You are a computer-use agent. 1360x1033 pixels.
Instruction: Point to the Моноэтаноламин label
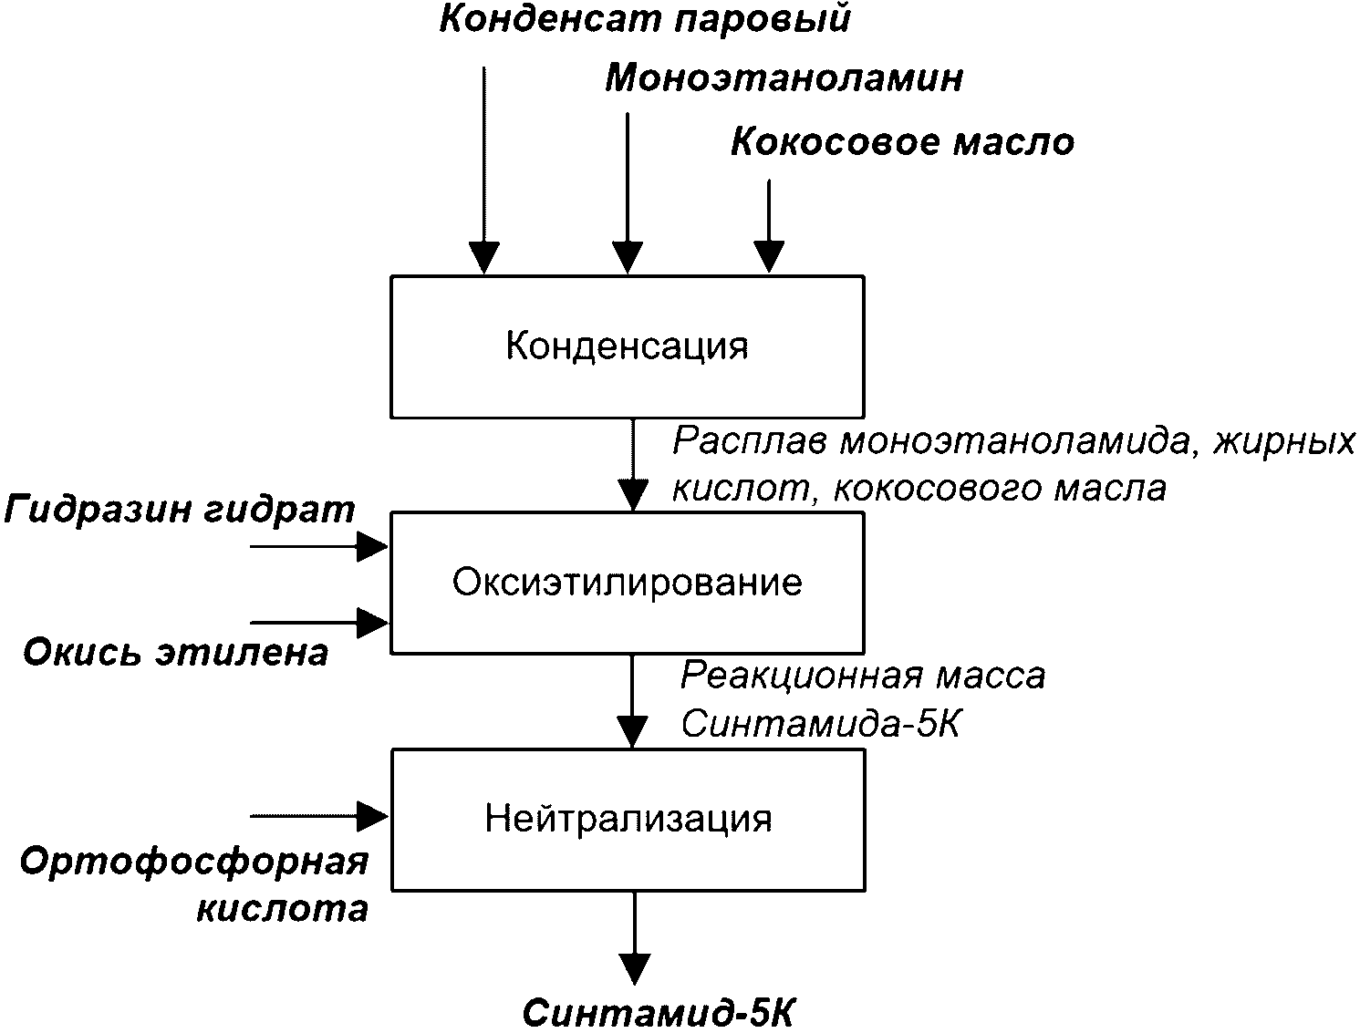tap(784, 78)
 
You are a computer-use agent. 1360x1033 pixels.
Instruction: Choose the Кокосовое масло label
tap(903, 142)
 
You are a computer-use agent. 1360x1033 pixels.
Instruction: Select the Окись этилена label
tap(176, 652)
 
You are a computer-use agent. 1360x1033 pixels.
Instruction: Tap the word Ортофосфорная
tap(194, 863)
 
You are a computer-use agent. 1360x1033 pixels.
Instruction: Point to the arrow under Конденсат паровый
tap(484, 170)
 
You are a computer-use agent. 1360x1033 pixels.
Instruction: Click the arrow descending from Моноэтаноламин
tap(628, 192)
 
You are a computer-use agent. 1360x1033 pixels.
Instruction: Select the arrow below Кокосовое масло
tap(769, 226)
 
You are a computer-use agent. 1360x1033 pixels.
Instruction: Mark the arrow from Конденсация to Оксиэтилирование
tap(633, 465)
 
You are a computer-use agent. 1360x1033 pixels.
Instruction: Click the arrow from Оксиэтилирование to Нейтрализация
tap(632, 702)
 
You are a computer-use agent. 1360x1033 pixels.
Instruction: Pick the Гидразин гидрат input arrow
tap(319, 547)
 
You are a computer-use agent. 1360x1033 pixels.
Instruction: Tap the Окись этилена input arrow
tap(319, 623)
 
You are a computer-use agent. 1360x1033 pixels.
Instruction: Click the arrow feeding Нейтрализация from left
tap(319, 816)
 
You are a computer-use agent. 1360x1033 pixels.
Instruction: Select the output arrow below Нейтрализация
tap(635, 938)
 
